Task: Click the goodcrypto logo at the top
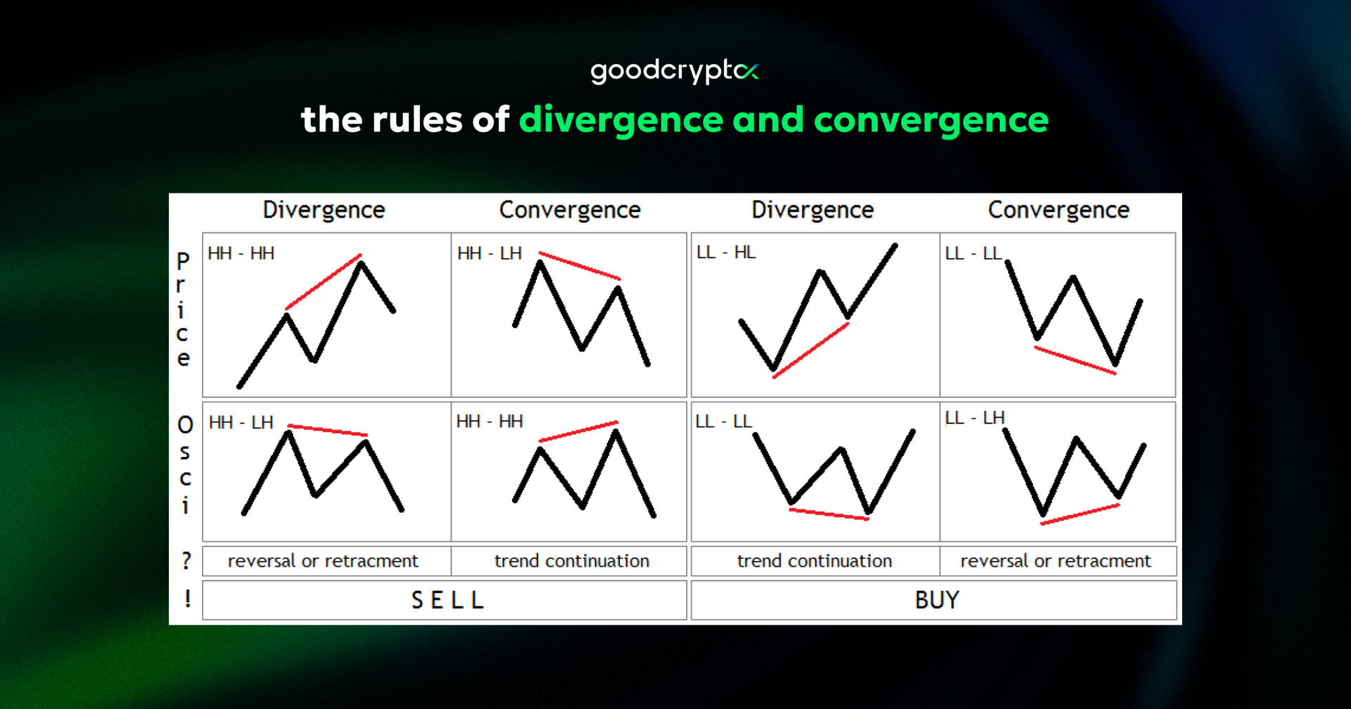pos(674,71)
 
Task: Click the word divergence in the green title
pos(621,120)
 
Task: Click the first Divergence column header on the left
pos(324,210)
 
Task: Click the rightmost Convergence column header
pos(1058,210)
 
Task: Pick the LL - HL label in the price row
pos(725,253)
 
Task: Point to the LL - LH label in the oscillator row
pos(974,418)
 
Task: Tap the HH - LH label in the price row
pos(489,253)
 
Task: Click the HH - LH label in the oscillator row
pos(241,423)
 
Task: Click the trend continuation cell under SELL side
pos(571,561)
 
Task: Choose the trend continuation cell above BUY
pos(814,561)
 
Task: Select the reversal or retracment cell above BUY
pos(1055,561)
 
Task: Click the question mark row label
pos(186,561)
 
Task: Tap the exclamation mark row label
pos(187,599)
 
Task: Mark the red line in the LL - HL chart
pos(811,350)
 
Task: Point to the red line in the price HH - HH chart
pos(324,281)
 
